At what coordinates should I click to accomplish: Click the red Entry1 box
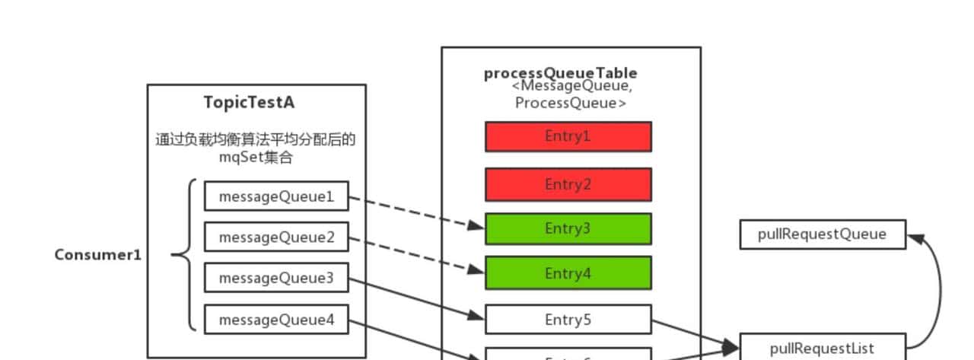coord(568,137)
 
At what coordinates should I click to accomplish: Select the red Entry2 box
coord(568,184)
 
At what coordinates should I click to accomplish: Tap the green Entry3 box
coord(568,228)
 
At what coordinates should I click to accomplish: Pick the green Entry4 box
coord(568,273)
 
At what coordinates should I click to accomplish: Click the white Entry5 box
coord(568,320)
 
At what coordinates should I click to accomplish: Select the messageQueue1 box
coord(276,196)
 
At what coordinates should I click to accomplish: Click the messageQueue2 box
coord(276,237)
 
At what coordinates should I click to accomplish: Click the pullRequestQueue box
coord(822,234)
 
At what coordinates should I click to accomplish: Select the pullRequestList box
coord(822,349)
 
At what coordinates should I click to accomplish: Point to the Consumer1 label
coord(97,255)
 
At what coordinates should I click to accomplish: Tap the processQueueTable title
coord(560,73)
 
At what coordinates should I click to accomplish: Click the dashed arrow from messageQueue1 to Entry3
coord(417,212)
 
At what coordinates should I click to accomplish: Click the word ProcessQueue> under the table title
coord(570,104)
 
